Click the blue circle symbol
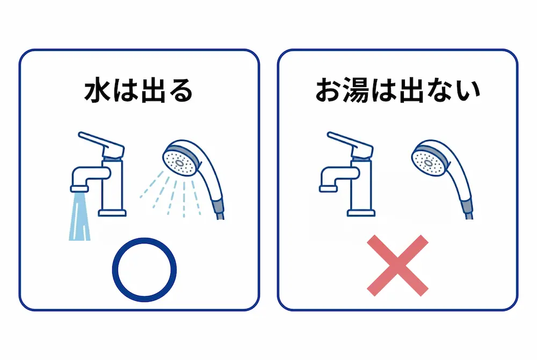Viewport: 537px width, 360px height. [144, 269]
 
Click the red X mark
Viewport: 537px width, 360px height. [398, 265]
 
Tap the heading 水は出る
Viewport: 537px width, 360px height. [139, 91]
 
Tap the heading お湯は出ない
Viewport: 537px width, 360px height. [397, 91]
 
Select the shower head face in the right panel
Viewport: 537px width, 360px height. [426, 160]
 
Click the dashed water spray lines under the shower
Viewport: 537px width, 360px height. [172, 196]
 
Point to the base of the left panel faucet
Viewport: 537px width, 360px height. [112, 212]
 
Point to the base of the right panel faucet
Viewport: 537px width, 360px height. [361, 212]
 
